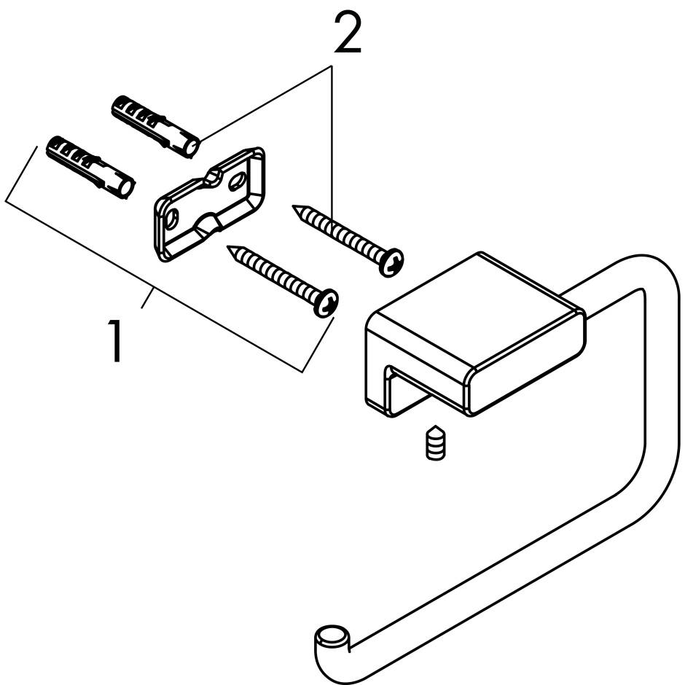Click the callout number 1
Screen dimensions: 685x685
point(115,341)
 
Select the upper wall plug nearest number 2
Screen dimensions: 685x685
point(154,125)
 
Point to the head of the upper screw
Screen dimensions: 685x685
point(392,262)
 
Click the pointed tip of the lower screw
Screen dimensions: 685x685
point(231,248)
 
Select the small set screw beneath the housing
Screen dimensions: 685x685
point(435,442)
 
